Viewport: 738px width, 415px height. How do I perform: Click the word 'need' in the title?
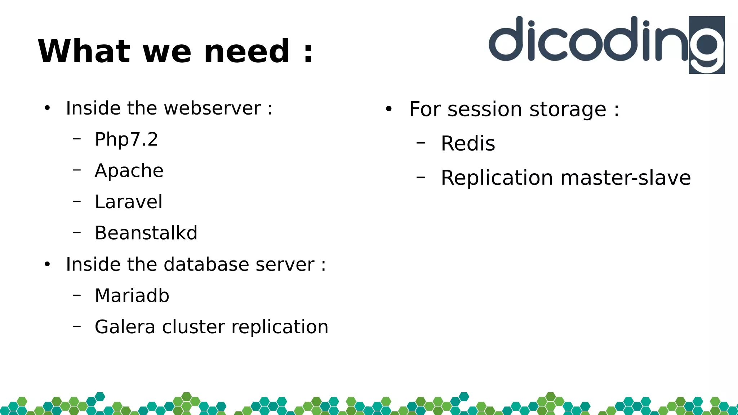point(247,52)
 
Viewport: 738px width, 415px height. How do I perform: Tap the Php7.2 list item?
point(126,139)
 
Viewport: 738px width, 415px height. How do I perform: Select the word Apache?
point(129,171)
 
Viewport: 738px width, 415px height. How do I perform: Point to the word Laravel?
point(128,202)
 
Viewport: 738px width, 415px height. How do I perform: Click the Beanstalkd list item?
point(146,233)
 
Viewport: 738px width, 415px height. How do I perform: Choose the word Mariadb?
point(132,296)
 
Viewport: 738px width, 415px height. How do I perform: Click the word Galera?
point(125,327)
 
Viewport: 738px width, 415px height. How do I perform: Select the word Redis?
point(468,144)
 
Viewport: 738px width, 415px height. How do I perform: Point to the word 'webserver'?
point(212,108)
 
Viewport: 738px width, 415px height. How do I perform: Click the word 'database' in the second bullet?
point(206,264)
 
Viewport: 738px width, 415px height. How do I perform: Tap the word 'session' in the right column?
point(484,110)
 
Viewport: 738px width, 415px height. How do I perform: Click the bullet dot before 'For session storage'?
point(388,109)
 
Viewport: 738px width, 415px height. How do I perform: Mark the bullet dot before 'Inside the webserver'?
point(47,108)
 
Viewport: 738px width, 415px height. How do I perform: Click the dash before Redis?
point(421,143)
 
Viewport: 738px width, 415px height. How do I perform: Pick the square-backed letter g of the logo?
point(707,45)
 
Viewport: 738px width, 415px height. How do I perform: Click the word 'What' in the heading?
point(84,52)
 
